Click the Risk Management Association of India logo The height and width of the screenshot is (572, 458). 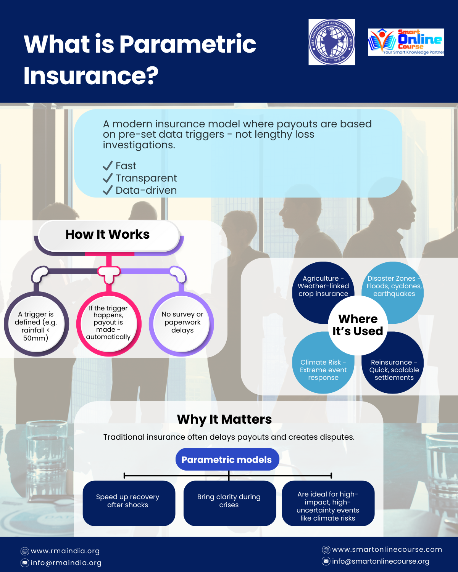click(x=331, y=42)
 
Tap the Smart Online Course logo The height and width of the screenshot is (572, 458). click(x=406, y=42)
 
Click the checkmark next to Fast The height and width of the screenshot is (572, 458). click(x=108, y=166)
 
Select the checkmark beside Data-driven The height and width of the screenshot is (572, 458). click(x=108, y=190)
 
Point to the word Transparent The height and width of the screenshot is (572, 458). click(x=146, y=178)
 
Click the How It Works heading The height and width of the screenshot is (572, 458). click(x=108, y=234)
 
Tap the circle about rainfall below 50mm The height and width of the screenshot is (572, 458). click(x=36, y=325)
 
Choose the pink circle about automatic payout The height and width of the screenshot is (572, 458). click(x=109, y=323)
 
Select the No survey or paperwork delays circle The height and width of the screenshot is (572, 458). click(x=182, y=323)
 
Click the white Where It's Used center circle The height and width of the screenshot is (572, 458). click(x=358, y=325)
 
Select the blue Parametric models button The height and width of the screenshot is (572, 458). click(x=227, y=460)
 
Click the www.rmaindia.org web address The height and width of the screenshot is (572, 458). click(x=65, y=551)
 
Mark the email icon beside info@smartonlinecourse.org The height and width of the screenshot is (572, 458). click(x=326, y=561)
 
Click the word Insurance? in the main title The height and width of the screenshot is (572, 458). click(x=91, y=76)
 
